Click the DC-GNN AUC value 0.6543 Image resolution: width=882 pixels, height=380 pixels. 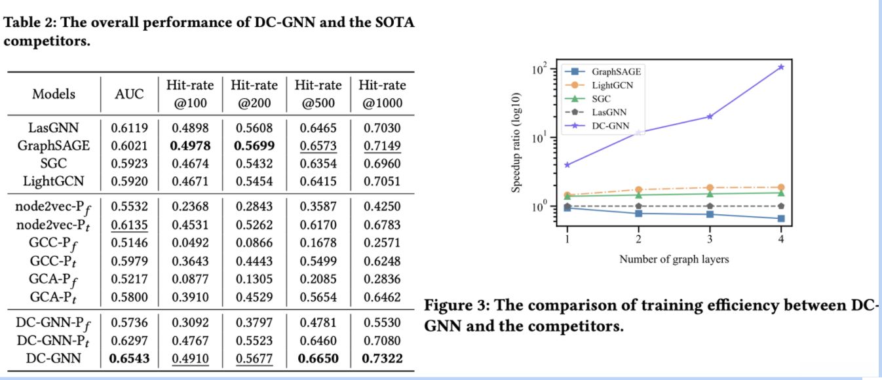pyautogui.click(x=129, y=358)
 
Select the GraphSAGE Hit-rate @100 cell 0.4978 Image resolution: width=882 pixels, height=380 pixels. pyautogui.click(x=191, y=145)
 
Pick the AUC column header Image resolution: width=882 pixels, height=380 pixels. pyautogui.click(x=129, y=94)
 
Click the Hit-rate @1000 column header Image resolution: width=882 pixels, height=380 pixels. pyautogui.click(x=382, y=94)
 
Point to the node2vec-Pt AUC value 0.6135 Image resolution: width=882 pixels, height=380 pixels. pyautogui.click(x=129, y=225)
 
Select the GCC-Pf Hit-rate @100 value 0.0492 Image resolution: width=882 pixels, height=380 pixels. pyautogui.click(x=191, y=242)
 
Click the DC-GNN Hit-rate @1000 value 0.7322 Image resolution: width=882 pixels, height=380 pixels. pyautogui.click(x=382, y=358)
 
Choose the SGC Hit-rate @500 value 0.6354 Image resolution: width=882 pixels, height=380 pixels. pyautogui.click(x=318, y=163)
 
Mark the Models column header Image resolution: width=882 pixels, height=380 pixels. pyautogui.click(x=54, y=94)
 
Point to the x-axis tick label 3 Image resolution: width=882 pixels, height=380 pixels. pyautogui.click(x=710, y=239)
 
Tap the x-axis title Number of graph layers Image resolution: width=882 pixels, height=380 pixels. pyautogui.click(x=674, y=259)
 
